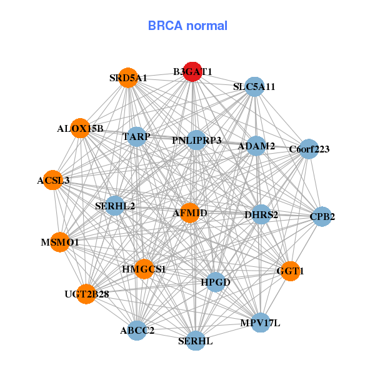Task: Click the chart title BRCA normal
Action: point(187,26)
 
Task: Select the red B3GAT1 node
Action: point(193,72)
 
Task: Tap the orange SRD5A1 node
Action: point(128,77)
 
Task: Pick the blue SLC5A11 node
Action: point(255,86)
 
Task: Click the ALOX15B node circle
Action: point(81,128)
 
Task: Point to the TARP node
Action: point(137,136)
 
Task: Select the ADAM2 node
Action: point(257,146)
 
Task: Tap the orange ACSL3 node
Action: point(54,180)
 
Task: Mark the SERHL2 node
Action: point(115,205)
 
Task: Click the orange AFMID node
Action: point(189,213)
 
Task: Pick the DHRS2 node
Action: point(261,214)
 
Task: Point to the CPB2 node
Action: point(322,217)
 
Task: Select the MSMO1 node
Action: point(59,241)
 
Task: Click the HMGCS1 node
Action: point(144,269)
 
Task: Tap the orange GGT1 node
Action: point(290,271)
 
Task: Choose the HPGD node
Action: point(216,282)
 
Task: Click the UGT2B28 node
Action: point(87,293)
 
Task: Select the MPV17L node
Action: point(261,323)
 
